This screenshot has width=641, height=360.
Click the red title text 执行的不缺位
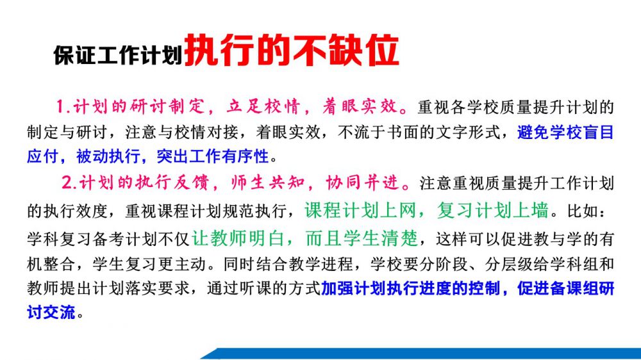[x=292, y=50]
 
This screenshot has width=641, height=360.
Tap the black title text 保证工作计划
[x=118, y=55]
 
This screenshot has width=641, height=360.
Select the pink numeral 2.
[x=67, y=183]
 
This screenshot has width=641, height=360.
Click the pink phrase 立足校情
[x=263, y=106]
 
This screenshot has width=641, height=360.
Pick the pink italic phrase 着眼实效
[x=360, y=106]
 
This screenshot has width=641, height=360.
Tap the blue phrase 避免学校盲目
[x=565, y=132]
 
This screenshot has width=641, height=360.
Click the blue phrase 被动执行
[x=108, y=156]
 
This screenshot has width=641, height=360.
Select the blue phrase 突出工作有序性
[x=213, y=156]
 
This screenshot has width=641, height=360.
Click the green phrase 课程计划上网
[x=360, y=211]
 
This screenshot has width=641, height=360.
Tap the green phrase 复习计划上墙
[x=492, y=211]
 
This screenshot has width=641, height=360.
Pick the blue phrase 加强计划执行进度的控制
[x=410, y=288]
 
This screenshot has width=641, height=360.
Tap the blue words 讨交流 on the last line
[x=51, y=313]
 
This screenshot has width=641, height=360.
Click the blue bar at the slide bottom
[x=421, y=354]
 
